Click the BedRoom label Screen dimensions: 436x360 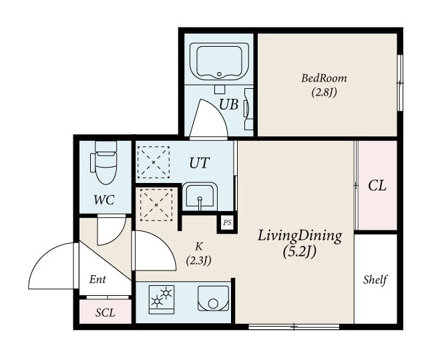[324, 78]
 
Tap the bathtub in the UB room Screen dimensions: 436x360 [219, 61]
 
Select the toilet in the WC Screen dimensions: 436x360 [104, 162]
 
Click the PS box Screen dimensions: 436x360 [227, 222]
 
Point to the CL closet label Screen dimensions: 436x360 [377, 186]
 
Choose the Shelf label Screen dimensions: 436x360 [375, 280]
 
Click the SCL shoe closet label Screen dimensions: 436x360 [105, 313]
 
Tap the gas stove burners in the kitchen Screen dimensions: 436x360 [162, 299]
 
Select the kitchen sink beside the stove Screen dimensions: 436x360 [213, 299]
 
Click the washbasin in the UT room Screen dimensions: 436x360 [200, 196]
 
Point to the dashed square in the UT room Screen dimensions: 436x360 [154, 162]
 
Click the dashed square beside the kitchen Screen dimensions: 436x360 [156, 205]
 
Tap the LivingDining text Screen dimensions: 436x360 [300, 236]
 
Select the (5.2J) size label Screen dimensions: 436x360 [300, 252]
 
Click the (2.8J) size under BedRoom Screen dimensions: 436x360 [324, 92]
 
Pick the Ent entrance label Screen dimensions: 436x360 [97, 279]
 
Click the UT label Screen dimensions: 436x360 [199, 163]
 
